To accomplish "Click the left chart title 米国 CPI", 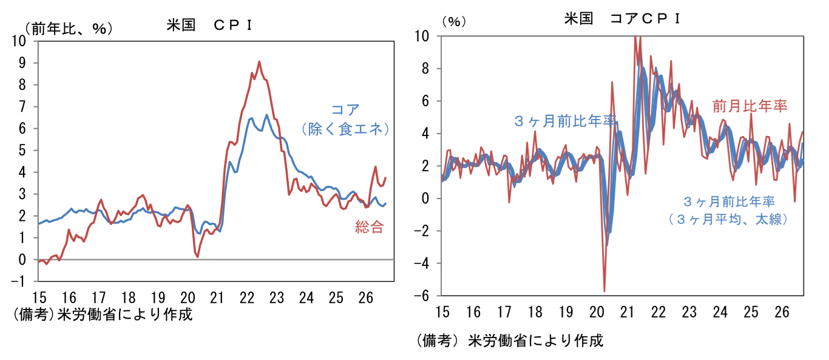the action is pyautogui.click(x=210, y=25).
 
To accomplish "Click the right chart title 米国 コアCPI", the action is pyautogui.click(x=623, y=18).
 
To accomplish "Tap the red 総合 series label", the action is pyautogui.click(x=369, y=226).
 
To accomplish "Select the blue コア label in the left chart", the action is pyautogui.click(x=345, y=109).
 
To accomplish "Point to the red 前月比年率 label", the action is pyautogui.click(x=749, y=106).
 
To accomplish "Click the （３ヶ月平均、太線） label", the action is pyautogui.click(x=728, y=219).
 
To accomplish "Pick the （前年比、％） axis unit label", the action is pyautogui.click(x=69, y=29).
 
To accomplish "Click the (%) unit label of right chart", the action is pyautogui.click(x=454, y=21).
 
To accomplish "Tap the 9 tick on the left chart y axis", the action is pyautogui.click(x=22, y=63).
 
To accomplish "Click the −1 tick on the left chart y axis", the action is pyautogui.click(x=18, y=282).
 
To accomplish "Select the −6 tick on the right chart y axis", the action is pyautogui.click(x=421, y=296).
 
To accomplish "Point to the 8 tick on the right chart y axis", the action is pyautogui.click(x=425, y=69).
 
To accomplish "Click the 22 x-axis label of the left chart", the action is pyautogui.click(x=247, y=298).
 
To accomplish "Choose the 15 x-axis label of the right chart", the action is pyautogui.click(x=442, y=312).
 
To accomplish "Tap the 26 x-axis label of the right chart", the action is pyautogui.click(x=782, y=312).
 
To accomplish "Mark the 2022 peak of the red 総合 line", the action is pyautogui.click(x=259, y=61).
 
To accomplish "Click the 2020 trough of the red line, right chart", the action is pyautogui.click(x=604, y=291).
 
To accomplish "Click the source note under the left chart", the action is pyautogui.click(x=103, y=314).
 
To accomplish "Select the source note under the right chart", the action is pyautogui.click(x=510, y=341).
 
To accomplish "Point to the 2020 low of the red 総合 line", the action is pyautogui.click(x=198, y=257).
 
